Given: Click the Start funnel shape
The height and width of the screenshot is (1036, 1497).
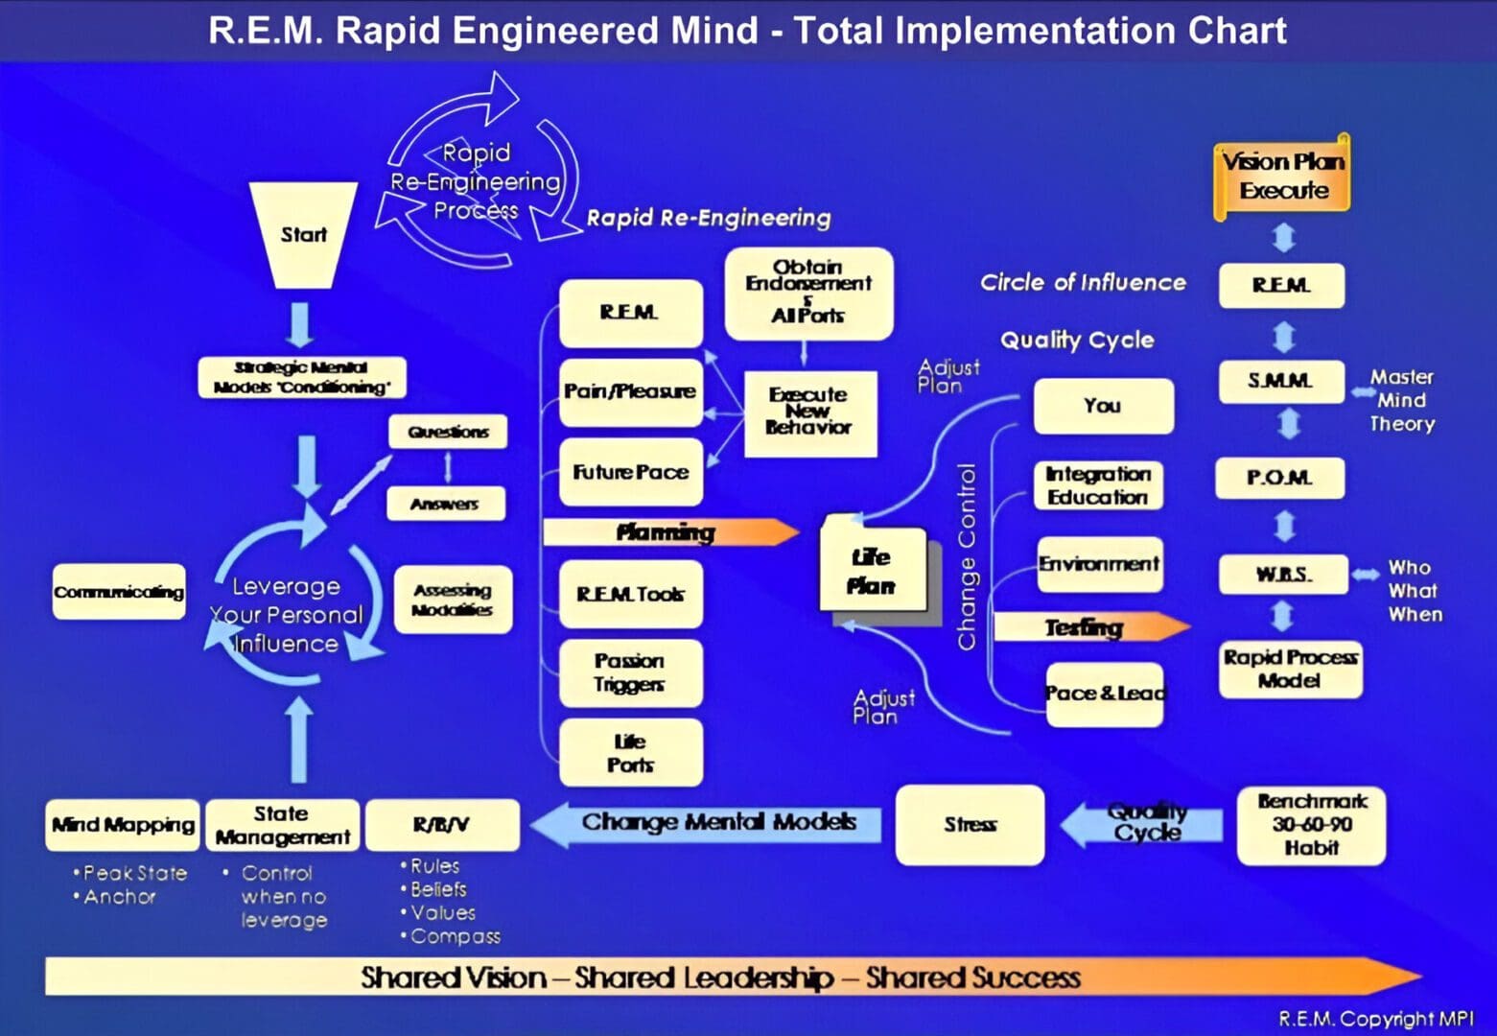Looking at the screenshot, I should pyautogui.click(x=303, y=235).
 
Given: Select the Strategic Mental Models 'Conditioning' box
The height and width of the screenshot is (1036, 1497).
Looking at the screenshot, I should pyautogui.click(x=302, y=378).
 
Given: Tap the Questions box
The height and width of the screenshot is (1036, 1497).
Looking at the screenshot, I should pyautogui.click(x=448, y=432).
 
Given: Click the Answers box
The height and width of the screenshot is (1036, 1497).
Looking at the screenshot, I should pyautogui.click(x=445, y=504).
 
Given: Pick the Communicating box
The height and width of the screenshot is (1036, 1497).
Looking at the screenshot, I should pyautogui.click(x=119, y=592).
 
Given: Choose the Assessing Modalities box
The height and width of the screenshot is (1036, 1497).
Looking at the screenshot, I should pyautogui.click(x=453, y=600).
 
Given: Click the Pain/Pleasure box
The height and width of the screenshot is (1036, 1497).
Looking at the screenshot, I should pyautogui.click(x=630, y=392).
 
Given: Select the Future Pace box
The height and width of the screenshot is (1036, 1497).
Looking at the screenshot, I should pyautogui.click(x=630, y=472).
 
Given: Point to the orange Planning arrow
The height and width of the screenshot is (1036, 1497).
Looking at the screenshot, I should pyautogui.click(x=669, y=532).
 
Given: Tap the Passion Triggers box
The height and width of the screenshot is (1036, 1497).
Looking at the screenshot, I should pyautogui.click(x=630, y=672).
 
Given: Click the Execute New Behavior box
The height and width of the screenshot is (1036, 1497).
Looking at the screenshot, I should pyautogui.click(x=809, y=412).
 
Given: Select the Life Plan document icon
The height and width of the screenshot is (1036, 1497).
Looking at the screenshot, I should pyautogui.click(x=872, y=571).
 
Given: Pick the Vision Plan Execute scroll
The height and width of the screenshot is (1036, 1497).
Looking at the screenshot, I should pyautogui.click(x=1283, y=177).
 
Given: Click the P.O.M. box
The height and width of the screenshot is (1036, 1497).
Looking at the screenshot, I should pyautogui.click(x=1279, y=478).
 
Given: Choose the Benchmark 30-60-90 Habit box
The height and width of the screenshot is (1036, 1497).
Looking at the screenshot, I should pyautogui.click(x=1311, y=825).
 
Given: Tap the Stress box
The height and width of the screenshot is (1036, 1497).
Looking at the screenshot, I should pyautogui.click(x=970, y=825).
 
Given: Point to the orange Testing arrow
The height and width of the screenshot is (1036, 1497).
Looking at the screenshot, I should pyautogui.click(x=1088, y=627).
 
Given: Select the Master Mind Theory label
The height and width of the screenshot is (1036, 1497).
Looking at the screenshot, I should pyautogui.click(x=1401, y=401).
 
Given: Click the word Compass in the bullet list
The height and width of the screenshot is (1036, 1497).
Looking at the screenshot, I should pyautogui.click(x=456, y=936).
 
